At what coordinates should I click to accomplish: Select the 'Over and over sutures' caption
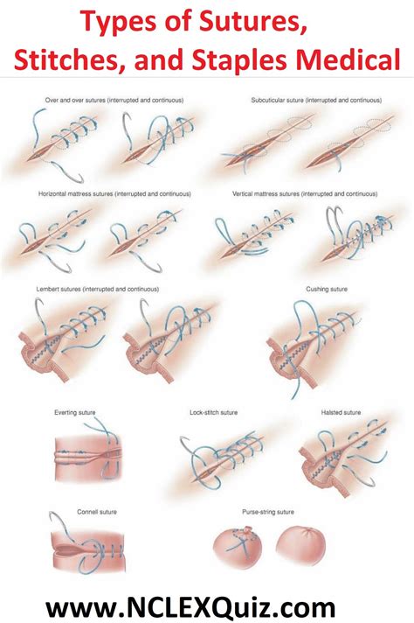tap(108, 101)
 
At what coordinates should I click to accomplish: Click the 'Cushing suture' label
tap(322, 288)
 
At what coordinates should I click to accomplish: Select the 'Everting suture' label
tap(74, 410)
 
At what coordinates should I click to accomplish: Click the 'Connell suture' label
tap(73, 510)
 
